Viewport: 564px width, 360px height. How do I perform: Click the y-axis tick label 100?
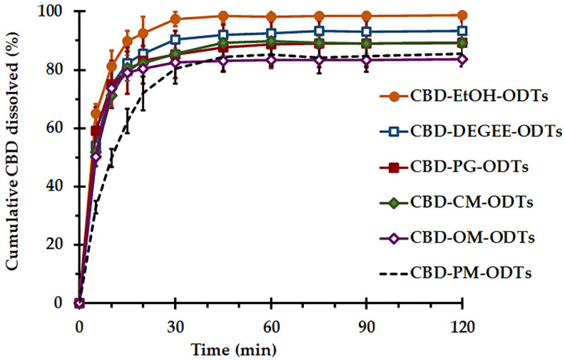(x=57, y=12)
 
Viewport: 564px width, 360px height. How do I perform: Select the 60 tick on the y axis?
(x=60, y=128)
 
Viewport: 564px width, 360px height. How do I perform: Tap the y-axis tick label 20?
(x=60, y=245)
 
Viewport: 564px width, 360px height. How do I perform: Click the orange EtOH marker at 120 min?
(x=462, y=15)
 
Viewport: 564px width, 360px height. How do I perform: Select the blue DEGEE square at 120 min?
(x=462, y=31)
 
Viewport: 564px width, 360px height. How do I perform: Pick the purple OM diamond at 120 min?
(x=462, y=59)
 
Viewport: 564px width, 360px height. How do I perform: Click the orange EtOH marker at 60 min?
(x=271, y=17)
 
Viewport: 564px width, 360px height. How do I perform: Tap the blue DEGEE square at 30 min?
(x=175, y=40)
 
